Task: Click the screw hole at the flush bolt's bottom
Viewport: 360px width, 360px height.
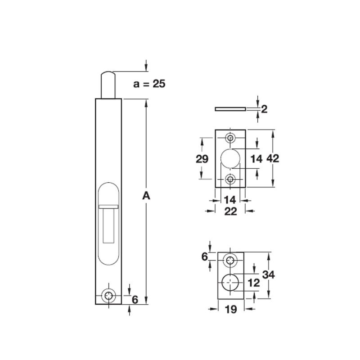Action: point(108,296)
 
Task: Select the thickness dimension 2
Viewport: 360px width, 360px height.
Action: point(265,108)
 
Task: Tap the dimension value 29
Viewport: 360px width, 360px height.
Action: point(202,158)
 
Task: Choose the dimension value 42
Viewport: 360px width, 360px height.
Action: point(274,158)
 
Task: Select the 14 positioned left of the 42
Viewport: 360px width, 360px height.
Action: point(256,158)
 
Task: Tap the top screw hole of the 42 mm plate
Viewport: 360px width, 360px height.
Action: point(231,137)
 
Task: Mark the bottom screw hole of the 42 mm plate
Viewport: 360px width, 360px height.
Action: point(231,180)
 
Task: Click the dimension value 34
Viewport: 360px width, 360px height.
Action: point(269,275)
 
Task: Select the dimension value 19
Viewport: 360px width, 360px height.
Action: point(230,310)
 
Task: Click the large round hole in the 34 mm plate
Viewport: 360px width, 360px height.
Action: point(230,281)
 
